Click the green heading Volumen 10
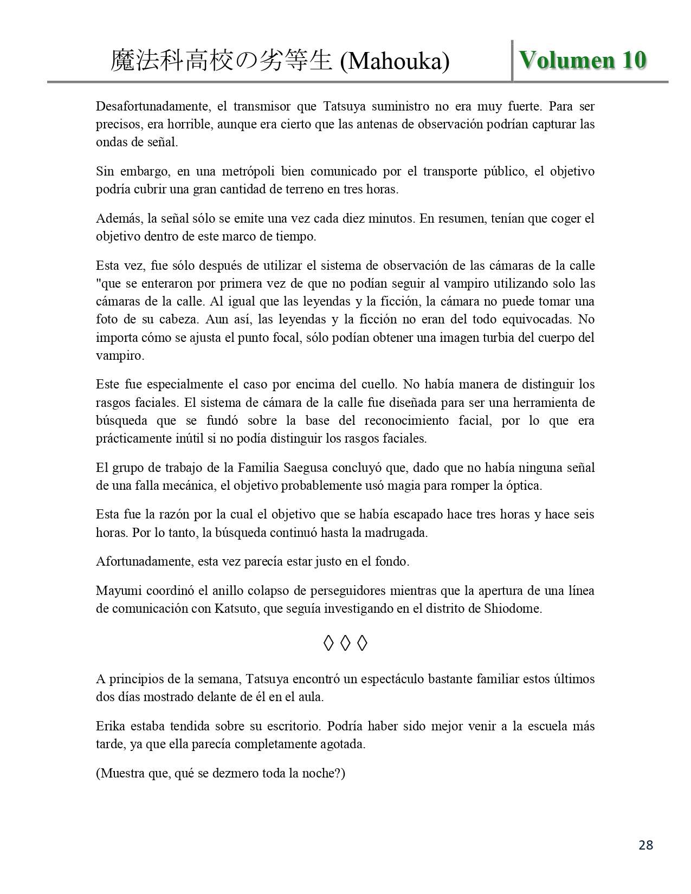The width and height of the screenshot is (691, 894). (x=583, y=60)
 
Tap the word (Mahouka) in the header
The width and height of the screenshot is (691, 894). (x=395, y=62)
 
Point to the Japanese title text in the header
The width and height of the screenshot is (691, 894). (x=221, y=61)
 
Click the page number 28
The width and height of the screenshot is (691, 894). (x=645, y=845)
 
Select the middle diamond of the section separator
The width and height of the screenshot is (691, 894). (x=345, y=643)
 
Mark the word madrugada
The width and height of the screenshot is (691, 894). (x=397, y=533)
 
